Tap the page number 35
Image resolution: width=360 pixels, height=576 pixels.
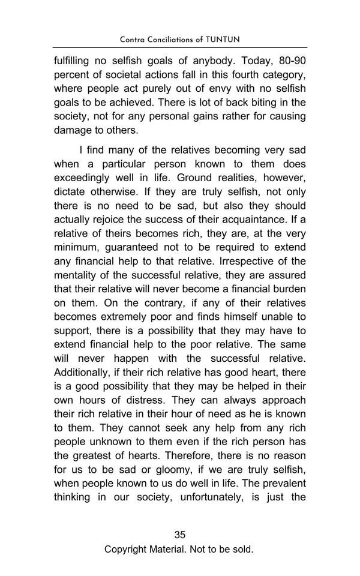[x=179, y=535]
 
